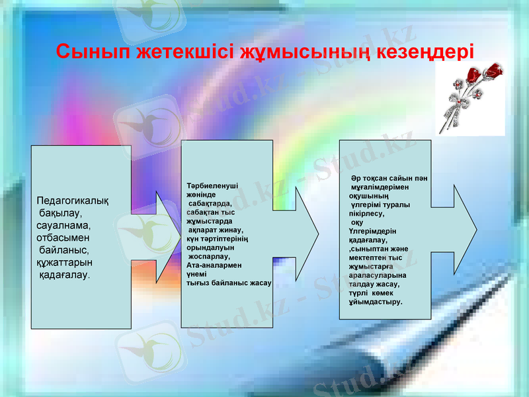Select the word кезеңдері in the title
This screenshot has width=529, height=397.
point(426,51)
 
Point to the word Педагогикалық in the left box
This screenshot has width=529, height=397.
point(73,201)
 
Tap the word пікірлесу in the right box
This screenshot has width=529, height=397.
point(368,214)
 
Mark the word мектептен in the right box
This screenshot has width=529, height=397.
point(366,257)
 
